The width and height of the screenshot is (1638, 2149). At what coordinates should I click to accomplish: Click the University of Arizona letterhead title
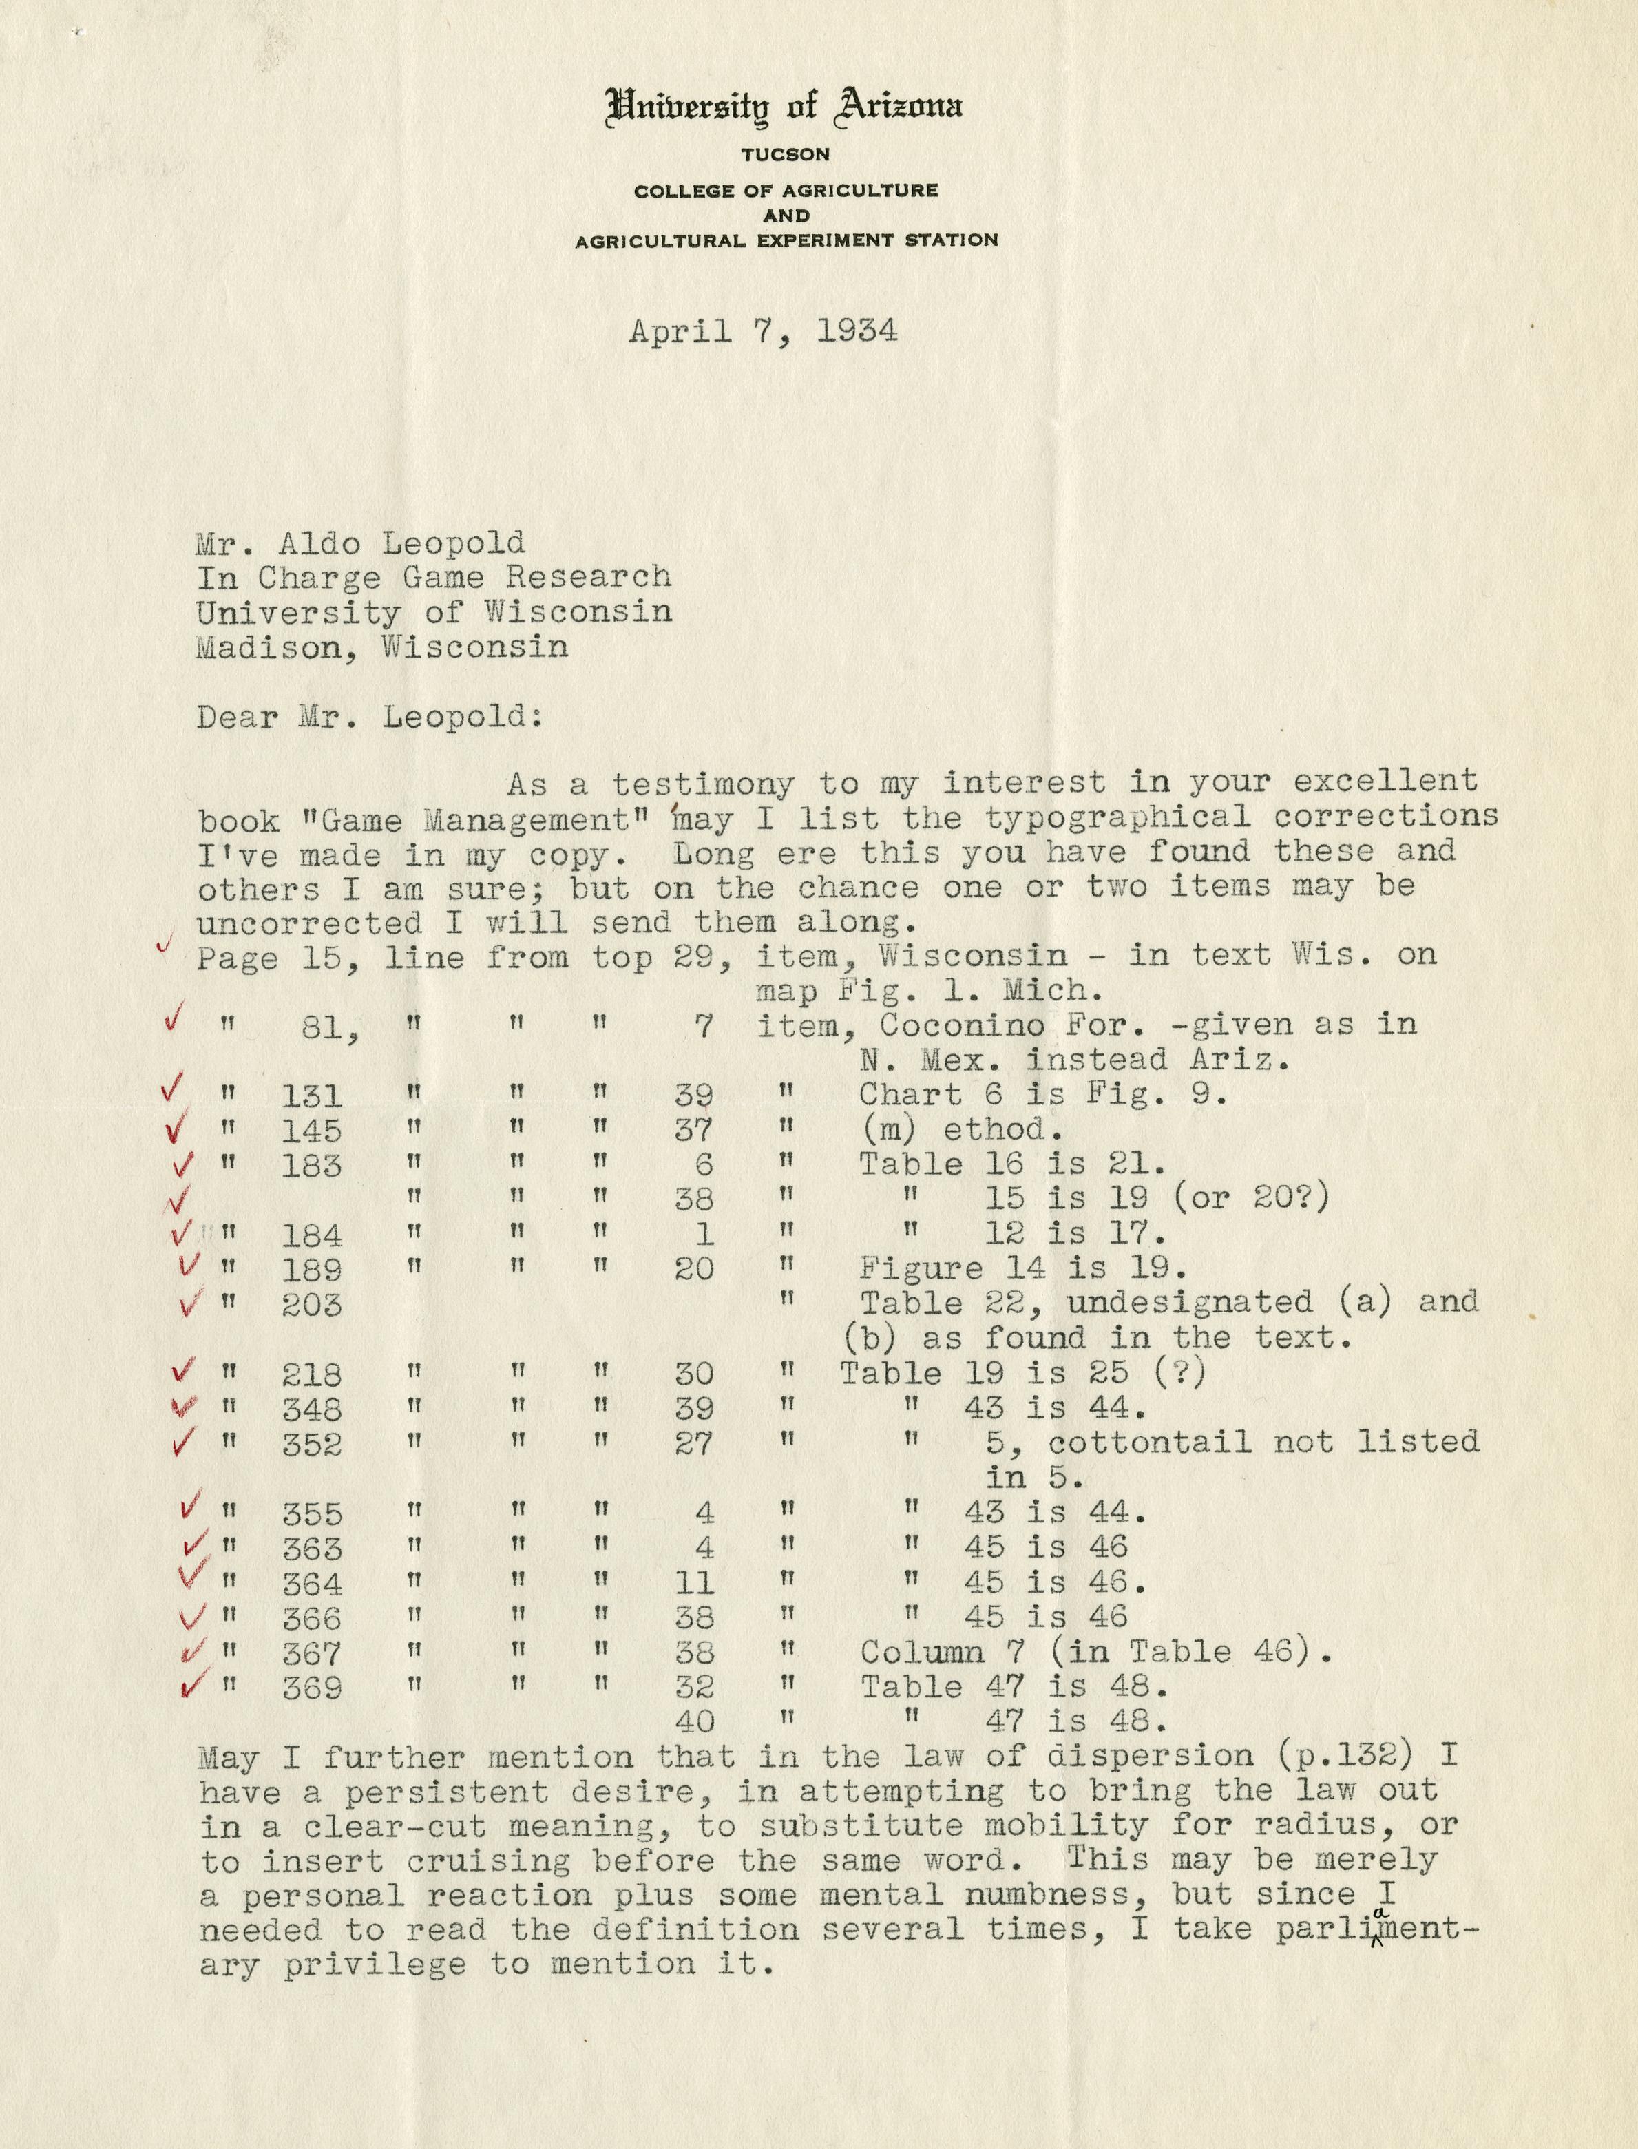(x=784, y=106)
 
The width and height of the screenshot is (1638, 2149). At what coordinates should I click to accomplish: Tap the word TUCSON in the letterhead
(x=785, y=154)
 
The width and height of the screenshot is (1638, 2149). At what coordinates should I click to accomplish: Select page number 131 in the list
(x=311, y=1096)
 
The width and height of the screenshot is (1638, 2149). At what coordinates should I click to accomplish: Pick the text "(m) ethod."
(x=960, y=1129)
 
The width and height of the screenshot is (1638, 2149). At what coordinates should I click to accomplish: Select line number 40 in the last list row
(x=693, y=1721)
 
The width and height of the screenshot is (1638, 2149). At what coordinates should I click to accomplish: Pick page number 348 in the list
(x=311, y=1409)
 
